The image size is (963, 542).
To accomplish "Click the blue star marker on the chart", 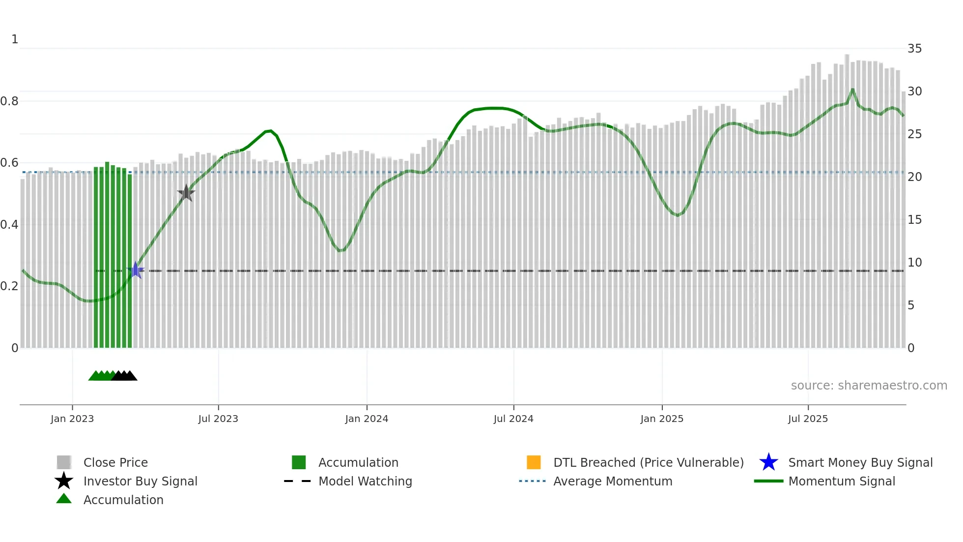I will click(x=136, y=270).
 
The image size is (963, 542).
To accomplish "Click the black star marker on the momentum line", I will click(x=186, y=193).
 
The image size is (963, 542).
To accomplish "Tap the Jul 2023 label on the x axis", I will click(x=218, y=419).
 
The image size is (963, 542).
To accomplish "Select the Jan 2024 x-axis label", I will click(x=367, y=419).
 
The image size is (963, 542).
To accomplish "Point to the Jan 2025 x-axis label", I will click(x=662, y=419).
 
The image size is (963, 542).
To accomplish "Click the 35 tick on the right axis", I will click(x=914, y=49).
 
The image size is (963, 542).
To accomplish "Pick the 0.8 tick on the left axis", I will click(x=9, y=101).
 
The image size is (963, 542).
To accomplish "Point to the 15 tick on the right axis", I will click(x=914, y=220).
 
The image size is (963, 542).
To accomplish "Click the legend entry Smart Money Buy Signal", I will click(x=860, y=462).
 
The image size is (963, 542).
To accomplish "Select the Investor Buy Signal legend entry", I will click(x=140, y=481).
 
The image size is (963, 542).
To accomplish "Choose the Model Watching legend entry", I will click(x=365, y=481).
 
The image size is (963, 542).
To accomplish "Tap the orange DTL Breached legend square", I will click(x=534, y=462).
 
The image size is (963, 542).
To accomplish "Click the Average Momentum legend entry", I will click(x=612, y=481).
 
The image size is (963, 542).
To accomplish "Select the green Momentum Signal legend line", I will click(x=769, y=481).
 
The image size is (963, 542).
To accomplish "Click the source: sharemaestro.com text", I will click(x=869, y=386).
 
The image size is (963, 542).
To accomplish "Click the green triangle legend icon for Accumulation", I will click(x=64, y=499).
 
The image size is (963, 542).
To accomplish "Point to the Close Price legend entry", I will click(x=115, y=462).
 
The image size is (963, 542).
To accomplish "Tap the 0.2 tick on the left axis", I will click(x=9, y=286).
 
